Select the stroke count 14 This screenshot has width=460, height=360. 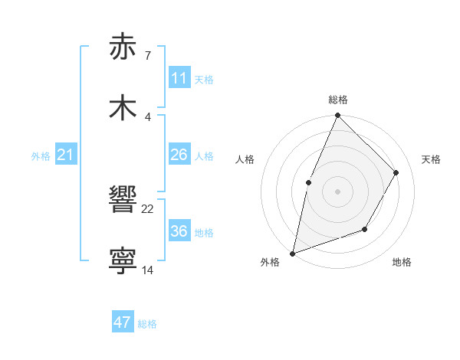click(147, 270)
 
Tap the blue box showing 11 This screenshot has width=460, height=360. click(179, 78)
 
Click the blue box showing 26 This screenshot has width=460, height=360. click(179, 155)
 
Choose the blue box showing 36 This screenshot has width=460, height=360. click(179, 231)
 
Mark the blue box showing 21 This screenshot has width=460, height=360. click(65, 155)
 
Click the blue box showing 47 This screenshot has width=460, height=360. click(123, 322)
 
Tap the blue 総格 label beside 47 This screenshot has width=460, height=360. click(147, 324)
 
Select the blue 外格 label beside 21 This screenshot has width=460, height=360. click(41, 156)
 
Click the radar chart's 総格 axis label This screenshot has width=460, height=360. click(337, 100)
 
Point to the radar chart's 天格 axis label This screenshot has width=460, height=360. click(431, 159)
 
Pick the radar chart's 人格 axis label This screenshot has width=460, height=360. click(245, 159)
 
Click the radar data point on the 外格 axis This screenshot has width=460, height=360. click(293, 253)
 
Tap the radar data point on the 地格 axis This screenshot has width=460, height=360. click(365, 229)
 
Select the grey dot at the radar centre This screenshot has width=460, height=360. click(337, 191)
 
